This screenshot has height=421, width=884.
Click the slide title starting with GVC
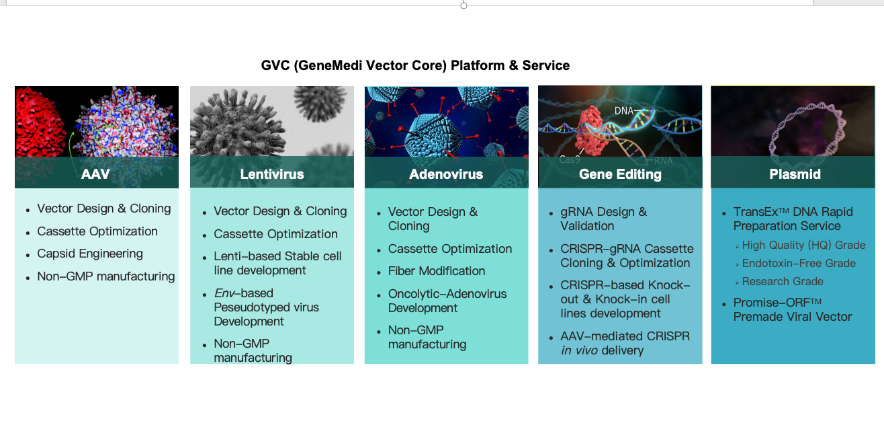415,65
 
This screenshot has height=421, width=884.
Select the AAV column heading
95,174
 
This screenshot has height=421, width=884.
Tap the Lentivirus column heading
272,174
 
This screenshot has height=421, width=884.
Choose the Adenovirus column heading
446,174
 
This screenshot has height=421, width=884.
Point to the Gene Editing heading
620,174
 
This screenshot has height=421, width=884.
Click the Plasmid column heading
795,174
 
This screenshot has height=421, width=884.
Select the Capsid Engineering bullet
90,254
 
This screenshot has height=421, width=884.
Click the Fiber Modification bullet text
437,271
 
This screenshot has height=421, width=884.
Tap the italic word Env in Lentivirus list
224,293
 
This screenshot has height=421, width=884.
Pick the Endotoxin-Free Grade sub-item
799,263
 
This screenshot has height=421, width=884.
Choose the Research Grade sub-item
783,281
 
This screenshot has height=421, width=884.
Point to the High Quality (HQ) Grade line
803,245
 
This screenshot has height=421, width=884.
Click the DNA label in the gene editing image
623,111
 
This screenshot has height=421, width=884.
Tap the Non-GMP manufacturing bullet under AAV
105,276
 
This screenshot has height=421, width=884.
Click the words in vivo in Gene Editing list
579,350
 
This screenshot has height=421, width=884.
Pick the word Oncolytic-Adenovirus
447,294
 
